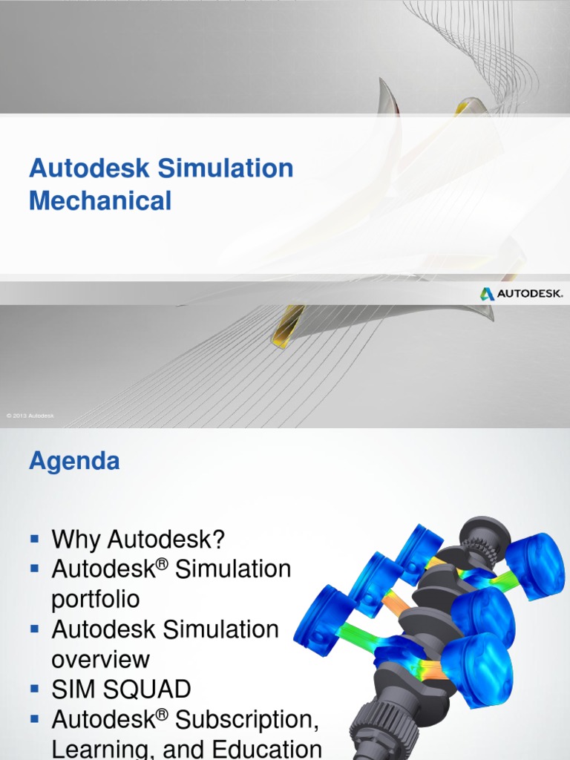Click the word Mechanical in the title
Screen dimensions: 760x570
click(100, 200)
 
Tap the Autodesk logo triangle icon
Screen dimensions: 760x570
click(487, 294)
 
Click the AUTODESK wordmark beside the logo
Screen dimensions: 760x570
click(530, 294)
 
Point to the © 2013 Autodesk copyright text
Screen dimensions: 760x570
click(30, 416)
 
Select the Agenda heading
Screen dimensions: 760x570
click(74, 461)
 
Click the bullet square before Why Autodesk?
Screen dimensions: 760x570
click(34, 537)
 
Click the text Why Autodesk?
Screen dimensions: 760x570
click(138, 540)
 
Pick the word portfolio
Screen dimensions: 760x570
click(95, 599)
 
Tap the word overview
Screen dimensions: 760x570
click(100, 659)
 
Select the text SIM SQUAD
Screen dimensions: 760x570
click(121, 689)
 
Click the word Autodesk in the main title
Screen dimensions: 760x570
click(88, 168)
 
